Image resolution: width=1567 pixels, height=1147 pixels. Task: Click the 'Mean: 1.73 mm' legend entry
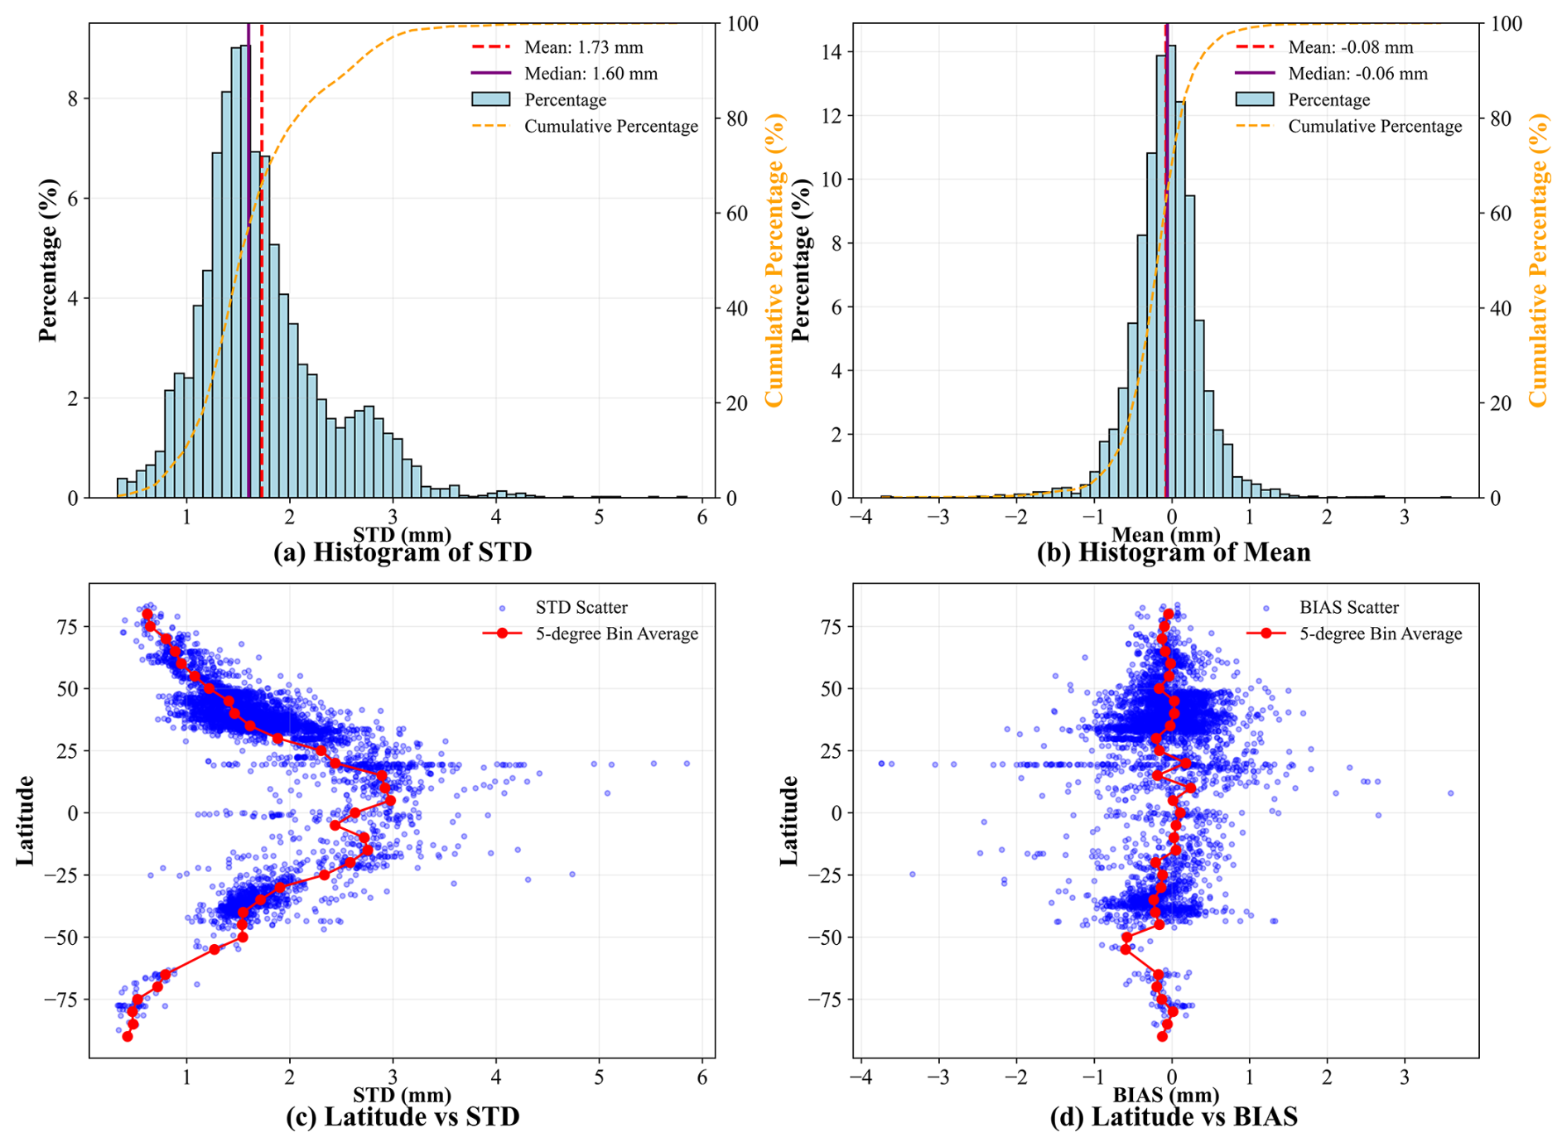583,47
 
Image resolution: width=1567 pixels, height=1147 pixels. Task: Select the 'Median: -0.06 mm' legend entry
1357,74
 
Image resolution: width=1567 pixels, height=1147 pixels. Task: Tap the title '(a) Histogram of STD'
403,552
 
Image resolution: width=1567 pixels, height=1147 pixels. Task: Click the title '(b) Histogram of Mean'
1173,552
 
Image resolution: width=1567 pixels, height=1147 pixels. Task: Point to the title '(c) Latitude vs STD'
403,1116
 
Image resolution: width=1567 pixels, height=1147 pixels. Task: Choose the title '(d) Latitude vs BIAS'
1173,1116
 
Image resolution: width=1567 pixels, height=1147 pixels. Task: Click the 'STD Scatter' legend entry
581,608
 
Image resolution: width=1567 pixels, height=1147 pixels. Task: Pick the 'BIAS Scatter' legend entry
1348,608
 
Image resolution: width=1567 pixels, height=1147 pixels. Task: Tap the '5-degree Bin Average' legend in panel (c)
616,634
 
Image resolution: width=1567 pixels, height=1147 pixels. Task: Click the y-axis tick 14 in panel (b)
830,52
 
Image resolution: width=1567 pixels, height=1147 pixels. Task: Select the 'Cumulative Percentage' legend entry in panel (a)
610,127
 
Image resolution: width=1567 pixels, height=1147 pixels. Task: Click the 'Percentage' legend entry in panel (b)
1328,100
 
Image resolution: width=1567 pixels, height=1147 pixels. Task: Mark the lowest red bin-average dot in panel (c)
128,1036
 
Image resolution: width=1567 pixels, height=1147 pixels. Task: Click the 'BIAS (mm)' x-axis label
1165,1095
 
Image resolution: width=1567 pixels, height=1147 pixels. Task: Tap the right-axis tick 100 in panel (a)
742,24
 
